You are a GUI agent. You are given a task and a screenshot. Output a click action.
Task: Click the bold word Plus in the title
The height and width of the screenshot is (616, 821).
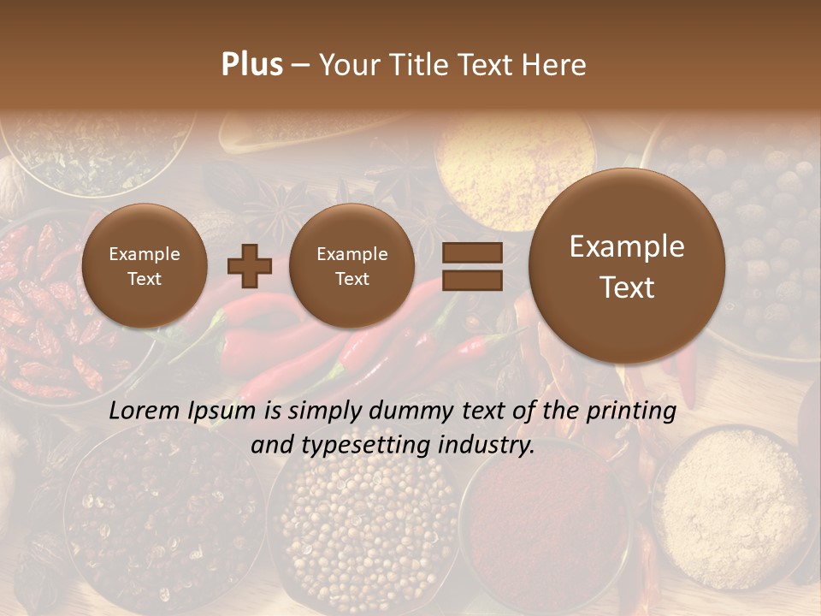[251, 65]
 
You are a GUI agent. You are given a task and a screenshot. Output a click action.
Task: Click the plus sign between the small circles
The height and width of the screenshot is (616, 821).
[250, 266]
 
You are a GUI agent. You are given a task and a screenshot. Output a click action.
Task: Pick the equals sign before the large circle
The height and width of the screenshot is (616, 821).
[471, 266]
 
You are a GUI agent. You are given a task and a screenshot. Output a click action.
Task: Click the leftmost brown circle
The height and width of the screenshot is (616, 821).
[145, 266]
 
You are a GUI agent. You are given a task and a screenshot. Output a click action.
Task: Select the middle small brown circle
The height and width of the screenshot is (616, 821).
[351, 266]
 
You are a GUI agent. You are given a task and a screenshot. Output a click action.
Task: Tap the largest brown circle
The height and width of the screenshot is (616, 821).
[627, 266]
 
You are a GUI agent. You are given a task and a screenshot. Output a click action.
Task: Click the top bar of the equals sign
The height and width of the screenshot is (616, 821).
[471, 252]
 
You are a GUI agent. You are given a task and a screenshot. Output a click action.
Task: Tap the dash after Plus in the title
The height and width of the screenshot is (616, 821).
[300, 65]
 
